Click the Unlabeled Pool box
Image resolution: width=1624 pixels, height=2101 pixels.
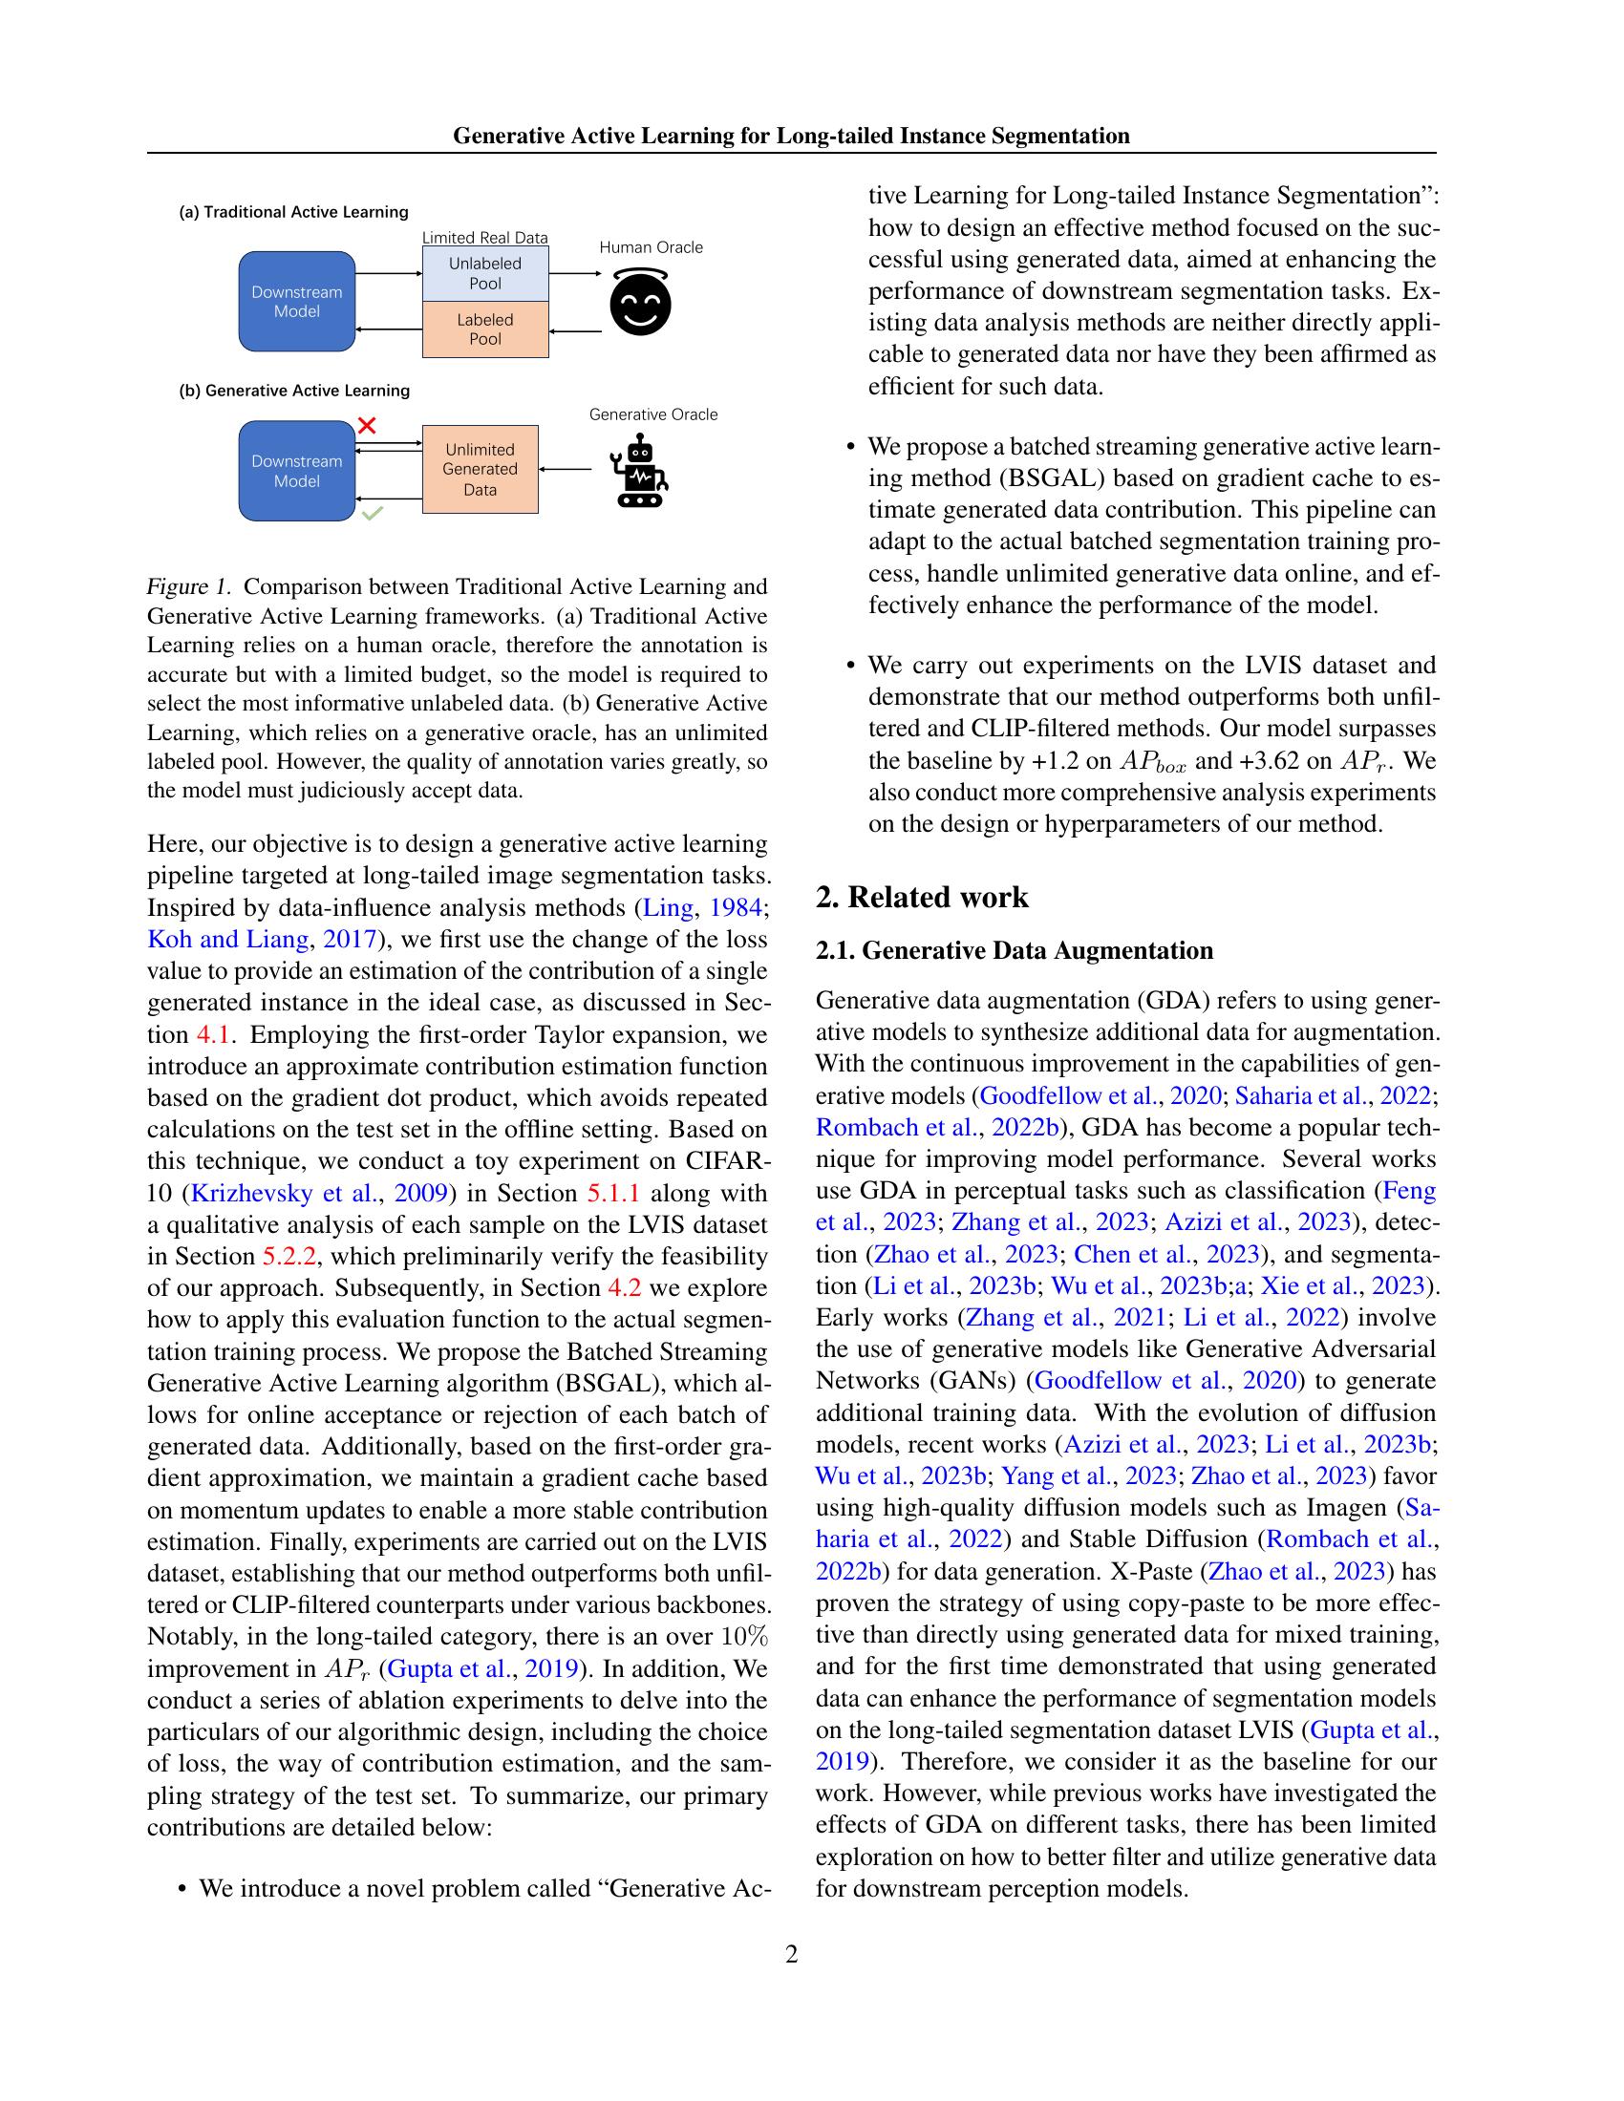tap(485, 273)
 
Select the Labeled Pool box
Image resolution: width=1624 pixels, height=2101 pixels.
tap(485, 329)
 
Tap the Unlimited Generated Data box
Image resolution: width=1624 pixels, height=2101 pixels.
tap(481, 470)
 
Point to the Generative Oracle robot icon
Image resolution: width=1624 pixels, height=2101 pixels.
tap(639, 472)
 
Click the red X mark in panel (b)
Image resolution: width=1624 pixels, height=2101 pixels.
tap(367, 425)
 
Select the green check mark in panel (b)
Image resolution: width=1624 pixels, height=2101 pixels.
tap(373, 515)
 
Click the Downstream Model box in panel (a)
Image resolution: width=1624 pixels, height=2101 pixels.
tap(296, 302)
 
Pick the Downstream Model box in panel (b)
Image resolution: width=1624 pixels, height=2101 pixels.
tap(296, 472)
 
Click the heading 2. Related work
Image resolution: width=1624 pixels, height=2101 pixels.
tap(922, 898)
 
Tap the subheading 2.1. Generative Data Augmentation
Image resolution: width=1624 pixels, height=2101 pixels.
tap(1014, 951)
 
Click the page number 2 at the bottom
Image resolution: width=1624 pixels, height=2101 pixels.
tap(791, 1954)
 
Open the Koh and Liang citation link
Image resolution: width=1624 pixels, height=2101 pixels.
tap(228, 940)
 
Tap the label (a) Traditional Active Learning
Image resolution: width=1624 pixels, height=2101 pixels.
tap(293, 212)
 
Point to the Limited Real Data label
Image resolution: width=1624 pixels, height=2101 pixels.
tap(485, 238)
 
